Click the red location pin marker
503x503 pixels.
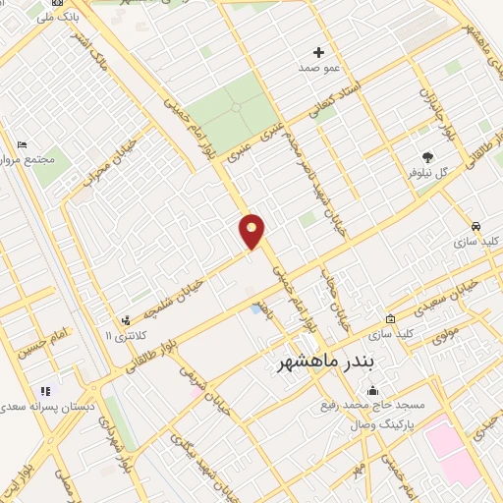(252, 231)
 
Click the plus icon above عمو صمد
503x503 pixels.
(318, 52)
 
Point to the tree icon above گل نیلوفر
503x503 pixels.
(426, 156)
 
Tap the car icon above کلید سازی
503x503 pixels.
(475, 226)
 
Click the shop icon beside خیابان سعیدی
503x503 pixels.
(391, 318)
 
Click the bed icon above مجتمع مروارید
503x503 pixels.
(22, 145)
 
